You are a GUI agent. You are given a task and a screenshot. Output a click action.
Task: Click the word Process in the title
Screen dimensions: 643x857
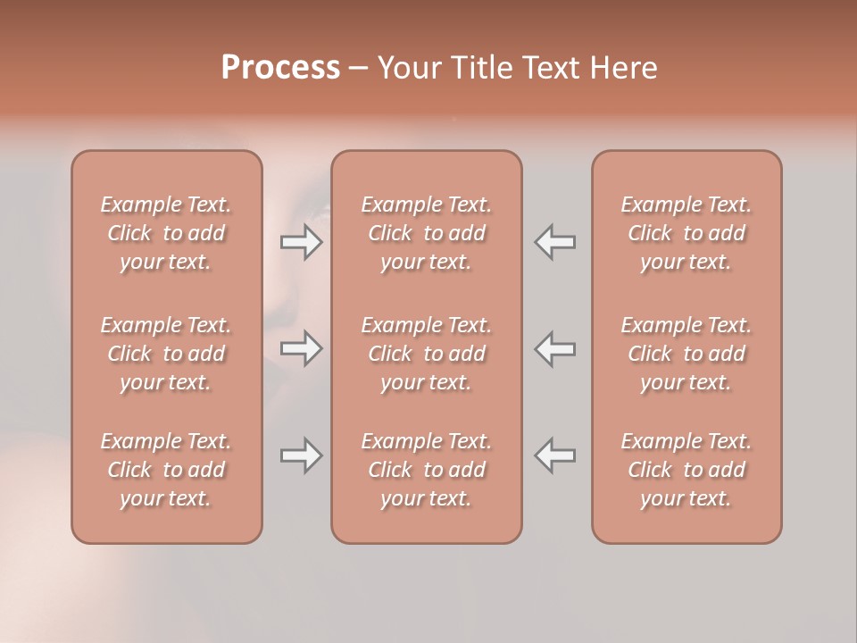coord(280,68)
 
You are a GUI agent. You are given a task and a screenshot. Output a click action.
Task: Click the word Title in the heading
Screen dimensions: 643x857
coord(476,68)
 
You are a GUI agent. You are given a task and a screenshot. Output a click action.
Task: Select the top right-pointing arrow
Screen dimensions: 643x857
coord(301,242)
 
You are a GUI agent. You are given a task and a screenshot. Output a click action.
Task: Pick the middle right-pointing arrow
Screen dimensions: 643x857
coord(301,348)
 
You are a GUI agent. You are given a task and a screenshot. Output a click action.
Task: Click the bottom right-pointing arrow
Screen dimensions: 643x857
coord(301,455)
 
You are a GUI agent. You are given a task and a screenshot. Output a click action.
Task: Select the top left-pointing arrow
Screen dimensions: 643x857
coord(555,242)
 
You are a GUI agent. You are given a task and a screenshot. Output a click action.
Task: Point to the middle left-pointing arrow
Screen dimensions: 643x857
coord(555,348)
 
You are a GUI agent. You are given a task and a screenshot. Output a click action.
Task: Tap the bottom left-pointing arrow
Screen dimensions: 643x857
coord(555,455)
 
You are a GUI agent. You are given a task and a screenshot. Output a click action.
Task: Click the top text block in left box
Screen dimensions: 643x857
coord(166,233)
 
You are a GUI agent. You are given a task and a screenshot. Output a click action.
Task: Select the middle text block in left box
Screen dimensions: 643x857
coord(166,354)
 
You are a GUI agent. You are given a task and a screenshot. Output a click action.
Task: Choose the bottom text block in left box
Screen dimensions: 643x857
coord(166,470)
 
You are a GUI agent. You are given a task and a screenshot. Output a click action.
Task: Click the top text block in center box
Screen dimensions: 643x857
coord(427,233)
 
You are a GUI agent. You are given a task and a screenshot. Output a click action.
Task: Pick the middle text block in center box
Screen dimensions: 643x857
coord(427,354)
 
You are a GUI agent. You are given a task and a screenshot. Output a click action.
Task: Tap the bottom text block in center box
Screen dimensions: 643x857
coord(427,470)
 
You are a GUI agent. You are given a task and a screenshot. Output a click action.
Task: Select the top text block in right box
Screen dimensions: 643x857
coord(686,233)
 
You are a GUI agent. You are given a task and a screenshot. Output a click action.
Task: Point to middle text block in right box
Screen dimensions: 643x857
coord(686,354)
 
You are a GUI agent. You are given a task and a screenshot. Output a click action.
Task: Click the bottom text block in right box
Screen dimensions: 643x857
coord(686,470)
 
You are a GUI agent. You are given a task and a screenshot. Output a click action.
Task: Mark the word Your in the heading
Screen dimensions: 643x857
coord(409,68)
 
